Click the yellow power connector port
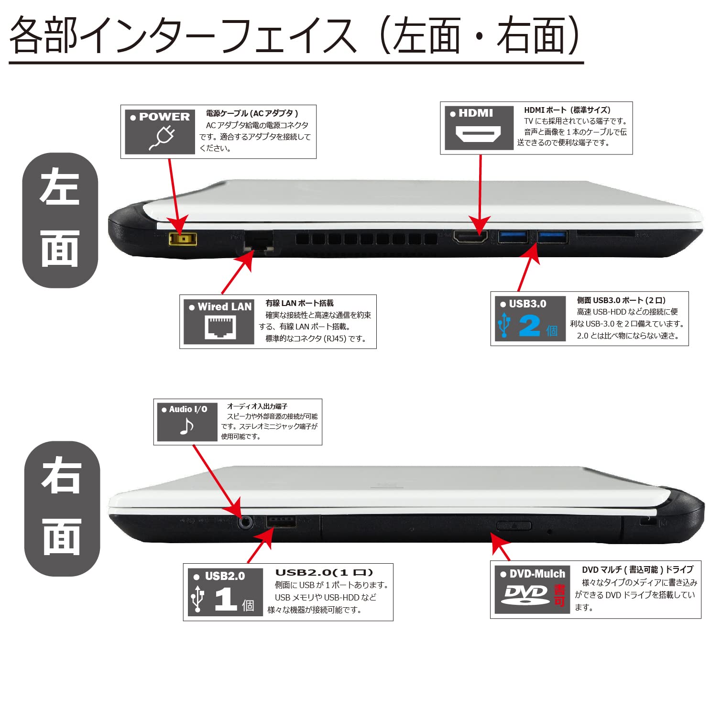(183, 239)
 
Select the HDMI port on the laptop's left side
(470, 237)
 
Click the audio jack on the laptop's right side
(245, 522)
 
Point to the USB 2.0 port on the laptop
(281, 522)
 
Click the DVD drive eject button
(513, 526)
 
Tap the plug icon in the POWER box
(162, 138)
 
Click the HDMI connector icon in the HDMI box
(478, 134)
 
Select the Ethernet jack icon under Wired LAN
(220, 328)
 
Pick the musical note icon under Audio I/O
(186, 426)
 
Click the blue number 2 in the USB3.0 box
(529, 326)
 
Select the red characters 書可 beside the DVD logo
(559, 596)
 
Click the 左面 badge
(60, 220)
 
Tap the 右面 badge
(62, 508)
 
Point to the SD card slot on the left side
(605, 234)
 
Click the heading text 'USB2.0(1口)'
(324, 572)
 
